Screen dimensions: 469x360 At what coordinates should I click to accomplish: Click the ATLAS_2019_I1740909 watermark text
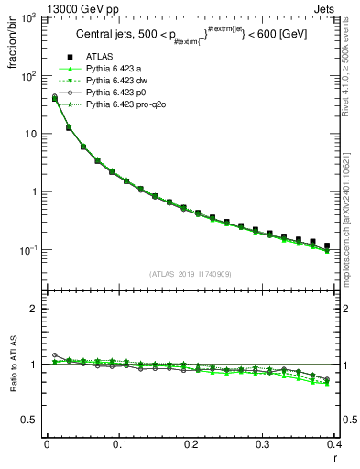(189, 274)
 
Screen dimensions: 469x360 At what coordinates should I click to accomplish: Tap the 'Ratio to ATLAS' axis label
(13, 365)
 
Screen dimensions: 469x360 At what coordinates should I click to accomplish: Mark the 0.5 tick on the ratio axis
(32, 420)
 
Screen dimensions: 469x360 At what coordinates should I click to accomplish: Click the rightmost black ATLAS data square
(327, 245)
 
